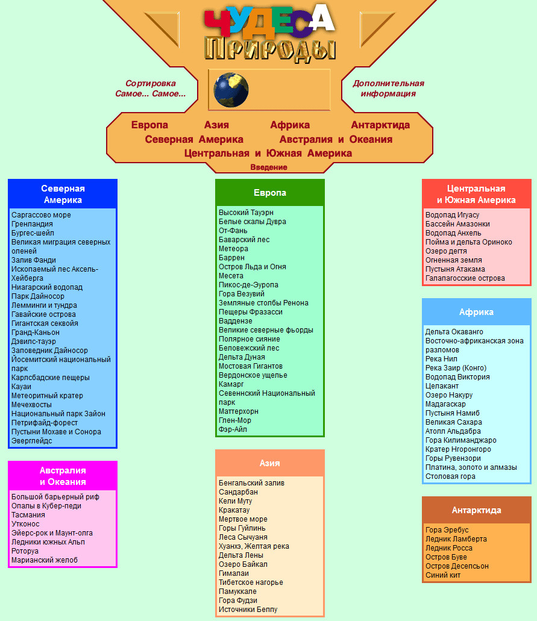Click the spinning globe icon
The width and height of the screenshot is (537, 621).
pyautogui.click(x=231, y=90)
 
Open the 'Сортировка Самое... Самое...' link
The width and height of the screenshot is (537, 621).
pyautogui.click(x=150, y=89)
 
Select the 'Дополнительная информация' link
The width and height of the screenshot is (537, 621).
pyautogui.click(x=388, y=89)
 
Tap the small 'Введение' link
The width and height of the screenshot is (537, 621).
pyautogui.click(x=269, y=167)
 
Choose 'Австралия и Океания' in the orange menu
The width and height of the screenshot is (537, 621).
pyautogui.click(x=336, y=139)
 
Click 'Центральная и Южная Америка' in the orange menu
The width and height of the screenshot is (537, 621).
pyautogui.click(x=268, y=153)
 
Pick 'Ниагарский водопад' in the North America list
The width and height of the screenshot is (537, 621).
pyautogui.click(x=47, y=287)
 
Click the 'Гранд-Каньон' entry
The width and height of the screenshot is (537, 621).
pyautogui.click(x=36, y=332)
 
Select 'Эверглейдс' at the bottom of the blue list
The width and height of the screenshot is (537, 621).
pyautogui.click(x=32, y=441)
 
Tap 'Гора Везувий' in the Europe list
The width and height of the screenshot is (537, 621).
pyautogui.click(x=241, y=294)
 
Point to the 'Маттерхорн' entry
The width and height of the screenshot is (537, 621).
pyautogui.click(x=238, y=411)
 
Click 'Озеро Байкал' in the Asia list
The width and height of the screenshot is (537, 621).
pyautogui.click(x=243, y=564)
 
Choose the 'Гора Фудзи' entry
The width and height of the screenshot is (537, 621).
pyautogui.click(x=238, y=601)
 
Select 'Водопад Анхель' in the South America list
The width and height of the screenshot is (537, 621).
pyautogui.click(x=453, y=233)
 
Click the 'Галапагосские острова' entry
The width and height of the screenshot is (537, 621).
pyautogui.click(x=465, y=278)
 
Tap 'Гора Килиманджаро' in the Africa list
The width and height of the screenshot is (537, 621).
pyautogui.click(x=460, y=440)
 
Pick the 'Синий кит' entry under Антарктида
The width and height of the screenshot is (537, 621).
pyautogui.click(x=442, y=575)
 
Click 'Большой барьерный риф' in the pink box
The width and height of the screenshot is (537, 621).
pyautogui.click(x=55, y=497)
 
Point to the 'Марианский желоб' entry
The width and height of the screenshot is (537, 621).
pyautogui.click(x=45, y=560)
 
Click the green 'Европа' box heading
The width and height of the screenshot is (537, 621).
pyautogui.click(x=270, y=193)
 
